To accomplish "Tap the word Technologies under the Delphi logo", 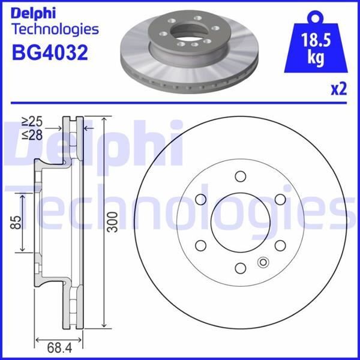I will (55, 29).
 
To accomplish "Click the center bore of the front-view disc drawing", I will (240, 222).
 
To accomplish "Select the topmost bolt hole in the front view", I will (240, 176).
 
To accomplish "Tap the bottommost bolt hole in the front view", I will (240, 268).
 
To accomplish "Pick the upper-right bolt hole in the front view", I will (280, 199).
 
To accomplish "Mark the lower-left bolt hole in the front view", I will (200, 245).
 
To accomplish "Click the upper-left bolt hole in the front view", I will (200, 199).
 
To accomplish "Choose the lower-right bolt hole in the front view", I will (280, 245).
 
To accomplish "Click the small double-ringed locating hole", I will (262, 262).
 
